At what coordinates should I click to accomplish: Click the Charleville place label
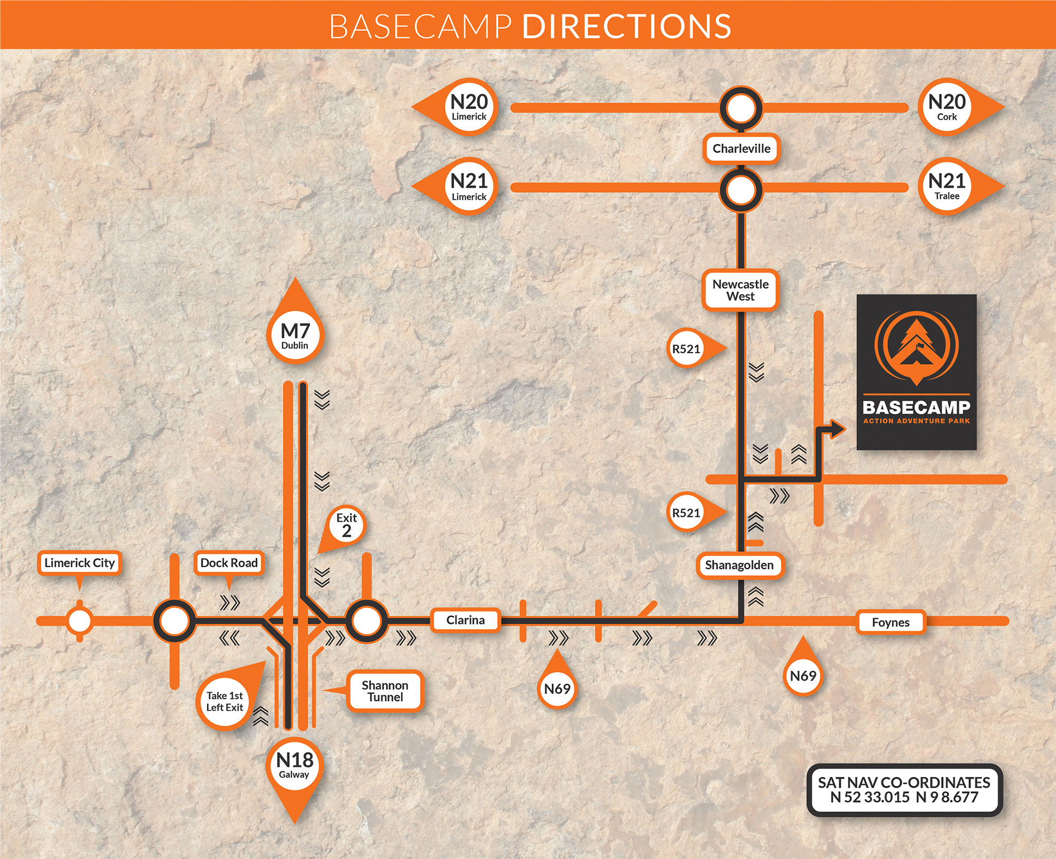point(741,149)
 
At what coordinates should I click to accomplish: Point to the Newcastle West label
point(740,290)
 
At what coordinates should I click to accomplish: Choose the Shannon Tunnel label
point(385,691)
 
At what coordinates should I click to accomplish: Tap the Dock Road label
point(229,563)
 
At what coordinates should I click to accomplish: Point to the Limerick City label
point(79,563)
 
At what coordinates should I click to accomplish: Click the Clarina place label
point(465,620)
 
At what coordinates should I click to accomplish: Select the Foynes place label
point(891,622)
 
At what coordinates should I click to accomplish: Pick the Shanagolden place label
point(739,565)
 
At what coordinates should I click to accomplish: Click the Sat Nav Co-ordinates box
point(904,790)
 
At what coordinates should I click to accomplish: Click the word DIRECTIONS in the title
point(627,26)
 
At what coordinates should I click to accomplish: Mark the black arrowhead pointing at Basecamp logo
point(837,429)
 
